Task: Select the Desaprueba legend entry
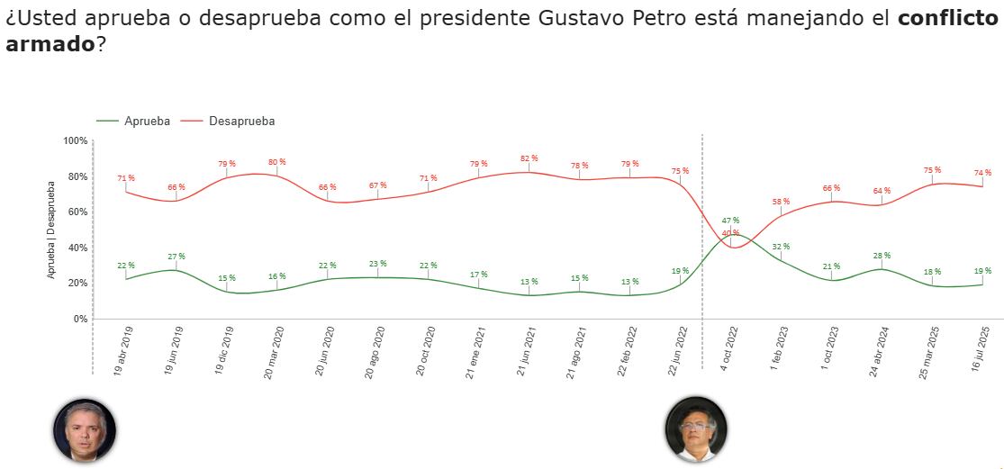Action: coord(240,122)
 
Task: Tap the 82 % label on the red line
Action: coord(529,158)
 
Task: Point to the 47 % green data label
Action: coord(730,221)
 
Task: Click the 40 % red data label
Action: coord(730,234)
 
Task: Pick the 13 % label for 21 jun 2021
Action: coord(529,282)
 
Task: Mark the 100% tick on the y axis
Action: coord(76,141)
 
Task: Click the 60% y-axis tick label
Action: coord(77,212)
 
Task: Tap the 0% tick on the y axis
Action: coord(80,319)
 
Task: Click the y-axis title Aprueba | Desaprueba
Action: coord(51,230)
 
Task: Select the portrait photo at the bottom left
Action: coord(85,429)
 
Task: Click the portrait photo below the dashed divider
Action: coord(696,429)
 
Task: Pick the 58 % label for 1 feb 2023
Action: coord(781,202)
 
